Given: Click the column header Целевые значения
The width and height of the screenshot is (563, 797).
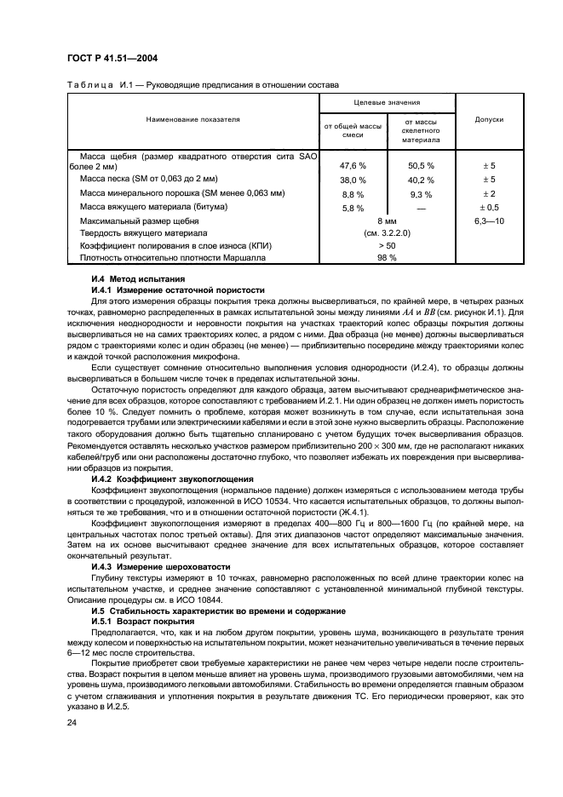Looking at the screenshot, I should (x=387, y=101).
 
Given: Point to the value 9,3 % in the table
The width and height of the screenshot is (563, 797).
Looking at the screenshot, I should (x=421, y=194).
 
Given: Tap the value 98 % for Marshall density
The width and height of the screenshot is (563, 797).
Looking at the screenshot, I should (x=387, y=256).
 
